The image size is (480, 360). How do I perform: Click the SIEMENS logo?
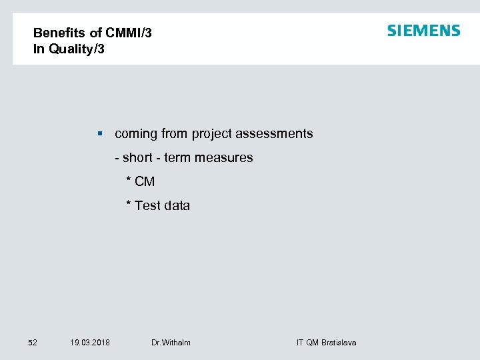point(423,31)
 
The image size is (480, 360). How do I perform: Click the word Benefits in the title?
point(58,33)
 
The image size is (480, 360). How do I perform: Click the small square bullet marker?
point(99,134)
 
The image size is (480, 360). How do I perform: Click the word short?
point(137,158)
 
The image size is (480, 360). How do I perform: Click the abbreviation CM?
point(145,182)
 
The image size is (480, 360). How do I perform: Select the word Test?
point(147,206)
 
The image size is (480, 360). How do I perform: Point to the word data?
point(177,206)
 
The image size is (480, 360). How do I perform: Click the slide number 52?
point(32,343)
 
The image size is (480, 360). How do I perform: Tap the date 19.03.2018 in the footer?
point(90,343)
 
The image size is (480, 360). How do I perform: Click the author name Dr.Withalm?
point(171,343)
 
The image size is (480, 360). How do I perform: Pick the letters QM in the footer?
point(312,343)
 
